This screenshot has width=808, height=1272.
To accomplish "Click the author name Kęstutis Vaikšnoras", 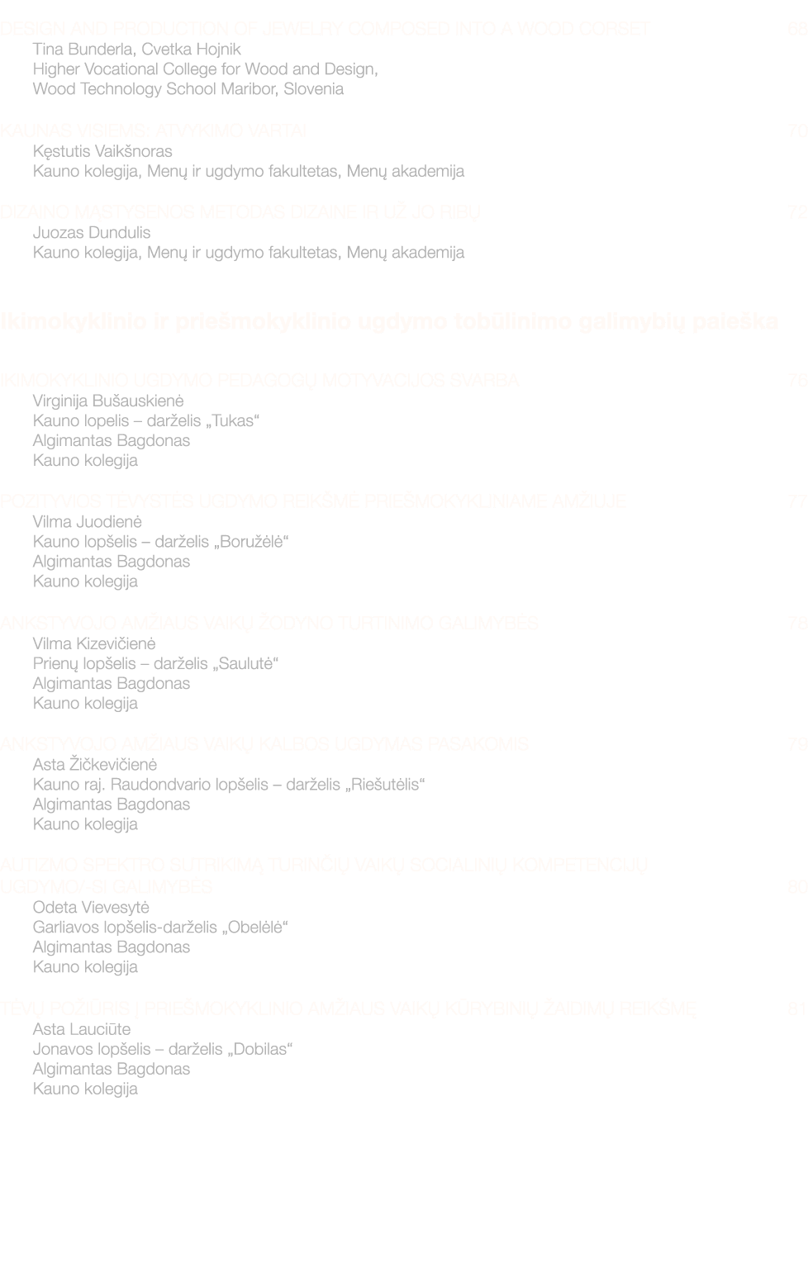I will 102,151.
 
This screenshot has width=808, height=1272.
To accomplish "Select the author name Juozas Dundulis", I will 92,233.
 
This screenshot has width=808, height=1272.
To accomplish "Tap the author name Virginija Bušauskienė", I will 108,401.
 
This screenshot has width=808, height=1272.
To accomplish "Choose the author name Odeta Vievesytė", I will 91,908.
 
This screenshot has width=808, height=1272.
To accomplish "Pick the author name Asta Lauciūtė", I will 82,1029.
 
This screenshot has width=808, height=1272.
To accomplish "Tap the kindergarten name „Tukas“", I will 233,420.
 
